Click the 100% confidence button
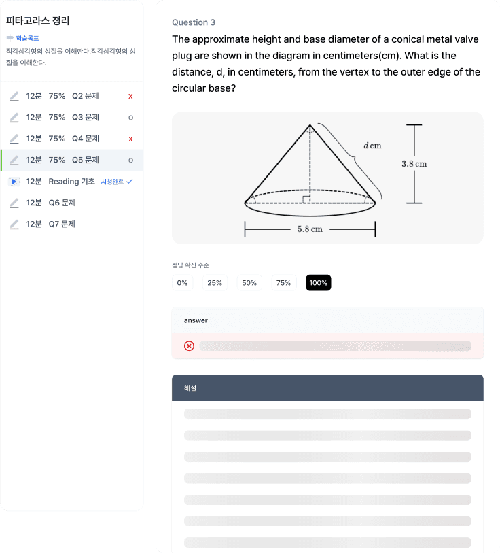coord(318,282)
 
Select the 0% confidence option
coord(182,282)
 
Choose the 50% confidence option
coord(249,282)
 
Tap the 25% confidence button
coord(215,282)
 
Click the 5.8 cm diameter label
coord(310,229)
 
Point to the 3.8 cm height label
coord(414,164)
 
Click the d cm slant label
coord(372,146)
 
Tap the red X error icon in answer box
coord(190,346)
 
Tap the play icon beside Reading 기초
coord(14,182)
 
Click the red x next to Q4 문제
coord(130,139)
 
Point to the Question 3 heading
coord(194,22)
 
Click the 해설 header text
coord(190,388)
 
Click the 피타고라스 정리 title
coord(37,21)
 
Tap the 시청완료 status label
coord(112,182)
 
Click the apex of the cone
coord(310,124)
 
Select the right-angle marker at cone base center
coord(306,199)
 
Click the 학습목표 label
coord(27,38)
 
